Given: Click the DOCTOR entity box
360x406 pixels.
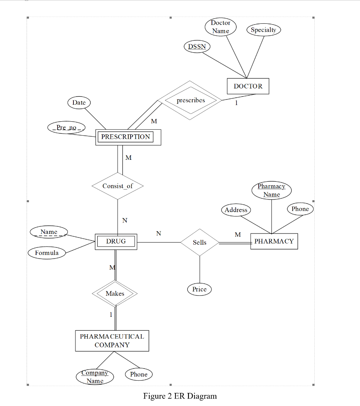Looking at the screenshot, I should tap(248, 86).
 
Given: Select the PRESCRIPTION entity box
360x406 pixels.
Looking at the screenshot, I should tap(128, 137).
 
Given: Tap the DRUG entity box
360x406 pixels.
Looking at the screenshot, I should tap(116, 241).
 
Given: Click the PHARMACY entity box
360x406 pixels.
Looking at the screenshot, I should tap(274, 241).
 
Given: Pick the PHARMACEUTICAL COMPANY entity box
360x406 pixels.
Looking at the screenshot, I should tap(112, 341).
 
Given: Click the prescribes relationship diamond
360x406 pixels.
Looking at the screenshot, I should tap(191, 100).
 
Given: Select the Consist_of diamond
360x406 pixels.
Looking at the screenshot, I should tap(117, 186).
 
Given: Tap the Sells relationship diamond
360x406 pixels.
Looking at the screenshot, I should tap(200, 242).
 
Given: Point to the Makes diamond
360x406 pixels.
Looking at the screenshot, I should tap(115, 294).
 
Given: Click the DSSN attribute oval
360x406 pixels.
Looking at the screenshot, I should tap(197, 46).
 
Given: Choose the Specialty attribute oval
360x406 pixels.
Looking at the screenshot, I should tap(264, 30).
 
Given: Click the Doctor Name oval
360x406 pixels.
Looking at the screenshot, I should tap(221, 27).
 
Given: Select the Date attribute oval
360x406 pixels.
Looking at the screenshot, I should tap(79, 102).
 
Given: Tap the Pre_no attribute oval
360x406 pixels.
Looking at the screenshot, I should tap(66, 128).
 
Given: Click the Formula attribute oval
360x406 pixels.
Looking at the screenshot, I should tap(47, 253).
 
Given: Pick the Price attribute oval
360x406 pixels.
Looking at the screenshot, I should tap(199, 289).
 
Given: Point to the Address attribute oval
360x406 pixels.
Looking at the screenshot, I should tap(236, 210).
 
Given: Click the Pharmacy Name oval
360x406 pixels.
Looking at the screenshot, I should tap(271, 190).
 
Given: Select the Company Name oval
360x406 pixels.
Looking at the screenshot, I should tap(95, 377).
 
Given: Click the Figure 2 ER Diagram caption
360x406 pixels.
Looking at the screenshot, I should tap(180, 396).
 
